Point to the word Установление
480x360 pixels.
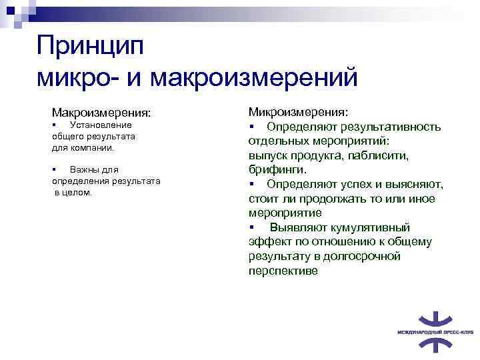coord(101,125)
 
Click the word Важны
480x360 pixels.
coord(83,170)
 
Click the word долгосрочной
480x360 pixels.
coord(365,256)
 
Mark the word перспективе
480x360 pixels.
coord(283,271)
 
